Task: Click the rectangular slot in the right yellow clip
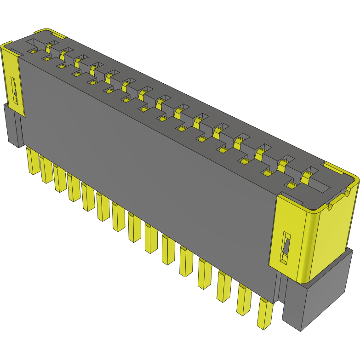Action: pos(285,248)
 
